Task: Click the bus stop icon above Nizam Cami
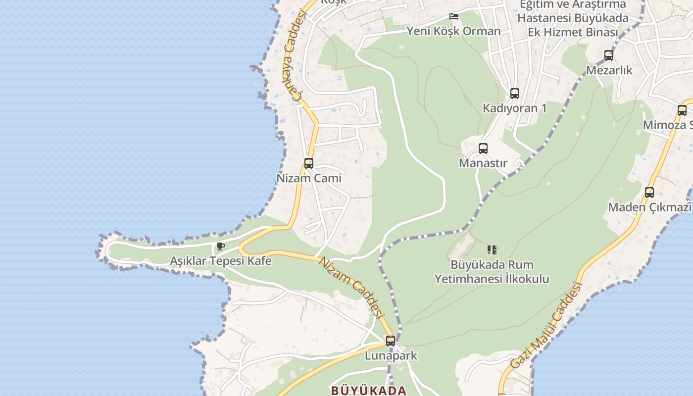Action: tap(309, 163)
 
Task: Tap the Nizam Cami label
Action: tap(309, 178)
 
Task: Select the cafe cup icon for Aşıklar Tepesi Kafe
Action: tap(221, 246)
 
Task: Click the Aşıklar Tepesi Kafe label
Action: tap(221, 261)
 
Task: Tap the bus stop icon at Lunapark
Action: tap(391, 341)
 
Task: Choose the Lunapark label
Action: tap(391, 355)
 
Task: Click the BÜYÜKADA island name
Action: tap(369, 391)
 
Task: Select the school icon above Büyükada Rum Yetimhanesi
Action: tap(492, 249)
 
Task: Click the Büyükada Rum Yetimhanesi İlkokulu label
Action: tap(492, 272)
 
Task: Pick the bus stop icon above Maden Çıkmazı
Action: tap(649, 192)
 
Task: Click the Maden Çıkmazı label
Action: tap(649, 207)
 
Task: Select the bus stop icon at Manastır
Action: tap(483, 148)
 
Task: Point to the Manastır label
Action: tap(483, 163)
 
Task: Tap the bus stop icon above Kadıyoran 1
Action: tap(515, 93)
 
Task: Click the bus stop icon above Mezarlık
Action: tap(609, 55)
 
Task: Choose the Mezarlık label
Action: tap(609, 70)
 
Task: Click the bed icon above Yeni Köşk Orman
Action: tap(454, 16)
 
